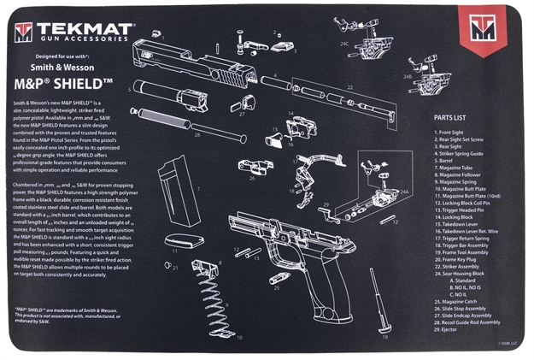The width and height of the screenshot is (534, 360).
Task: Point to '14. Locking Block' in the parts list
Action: (456, 217)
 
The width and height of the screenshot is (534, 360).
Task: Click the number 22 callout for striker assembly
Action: (349, 88)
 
